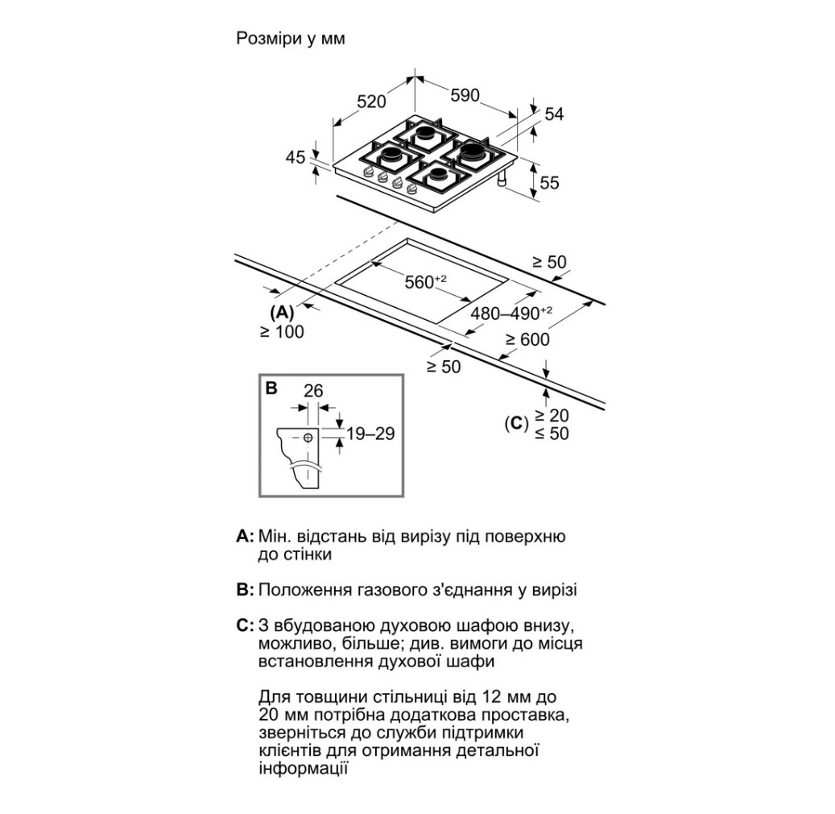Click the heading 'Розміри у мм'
290,39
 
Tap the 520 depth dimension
371,102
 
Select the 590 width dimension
465,96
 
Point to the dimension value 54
554,114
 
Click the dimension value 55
548,183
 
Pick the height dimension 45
296,157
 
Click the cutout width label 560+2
425,282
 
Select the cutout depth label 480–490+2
511,314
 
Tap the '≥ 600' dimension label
527,339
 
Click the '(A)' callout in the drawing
283,312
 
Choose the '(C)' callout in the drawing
515,422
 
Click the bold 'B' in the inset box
271,388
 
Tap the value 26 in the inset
313,391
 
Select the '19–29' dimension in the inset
370,434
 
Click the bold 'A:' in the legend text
245,536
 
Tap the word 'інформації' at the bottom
304,767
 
